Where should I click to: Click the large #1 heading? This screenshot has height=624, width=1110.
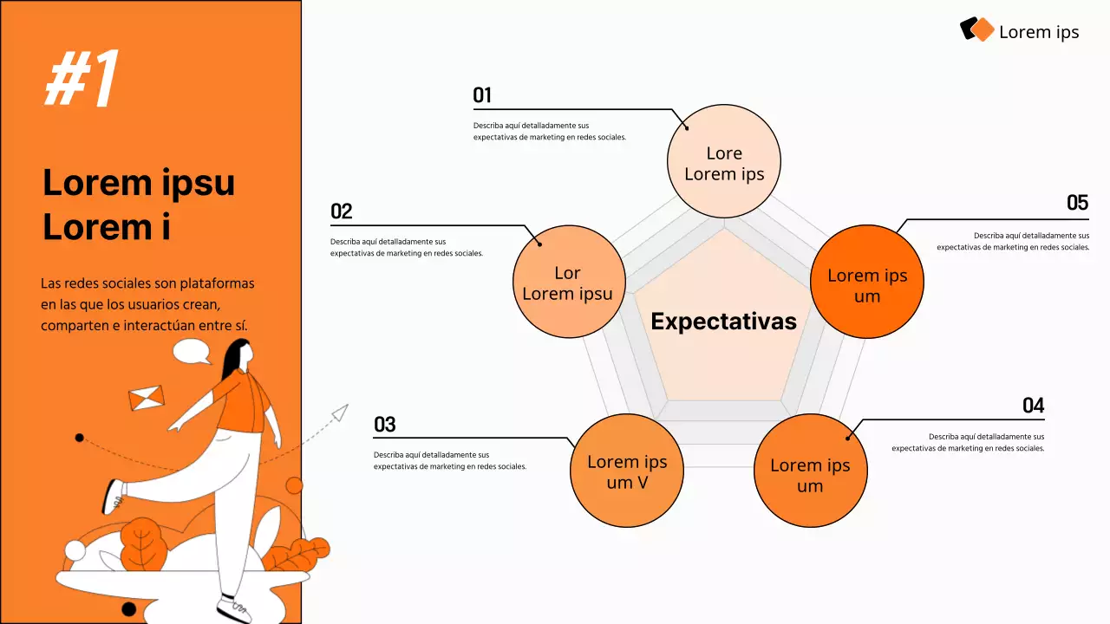click(82, 79)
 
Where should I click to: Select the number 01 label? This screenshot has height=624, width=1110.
click(482, 95)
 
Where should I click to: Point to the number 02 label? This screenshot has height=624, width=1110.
click(341, 211)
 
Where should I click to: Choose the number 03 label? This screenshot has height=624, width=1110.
click(384, 425)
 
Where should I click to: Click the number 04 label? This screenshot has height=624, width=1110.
click(1033, 406)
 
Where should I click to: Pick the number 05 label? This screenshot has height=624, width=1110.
click(1077, 203)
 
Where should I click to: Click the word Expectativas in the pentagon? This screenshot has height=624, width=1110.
click(723, 322)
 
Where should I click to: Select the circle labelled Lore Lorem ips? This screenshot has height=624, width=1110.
click(724, 161)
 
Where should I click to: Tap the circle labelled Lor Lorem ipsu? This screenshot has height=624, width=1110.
click(568, 282)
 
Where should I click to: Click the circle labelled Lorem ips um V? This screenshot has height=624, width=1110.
click(626, 471)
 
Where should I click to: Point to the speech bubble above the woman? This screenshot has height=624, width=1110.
click(192, 351)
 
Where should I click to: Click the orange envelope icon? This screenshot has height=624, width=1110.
click(147, 399)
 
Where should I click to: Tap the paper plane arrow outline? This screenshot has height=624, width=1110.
click(339, 413)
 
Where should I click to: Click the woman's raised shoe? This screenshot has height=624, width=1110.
click(113, 496)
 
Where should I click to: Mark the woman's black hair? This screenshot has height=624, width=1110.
click(234, 360)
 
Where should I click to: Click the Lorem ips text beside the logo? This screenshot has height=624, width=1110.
click(1038, 32)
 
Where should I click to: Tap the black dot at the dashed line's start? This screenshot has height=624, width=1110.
click(80, 438)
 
